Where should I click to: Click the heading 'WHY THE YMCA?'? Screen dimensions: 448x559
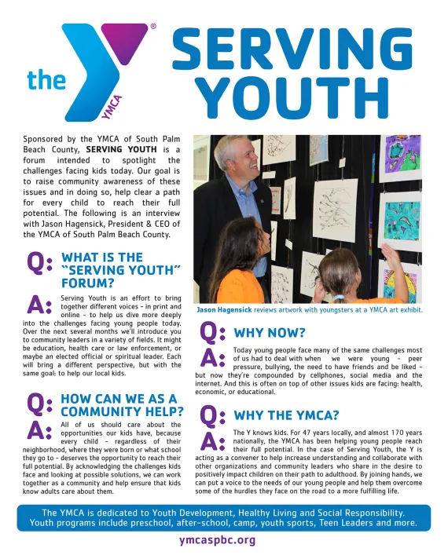[287, 415]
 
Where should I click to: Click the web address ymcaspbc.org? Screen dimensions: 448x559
[218, 540]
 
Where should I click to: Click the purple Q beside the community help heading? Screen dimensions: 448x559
[40, 404]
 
